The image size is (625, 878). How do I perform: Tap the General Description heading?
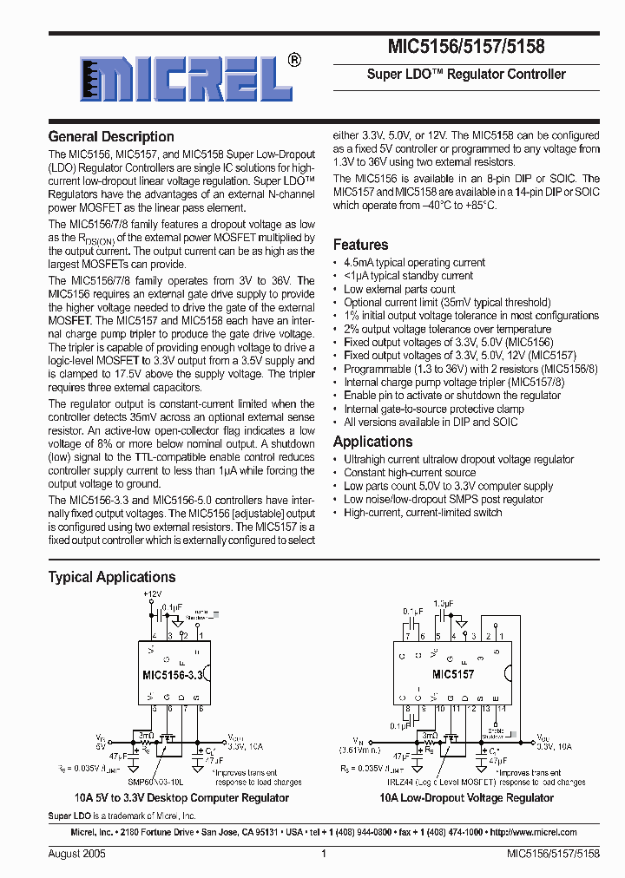coord(111,136)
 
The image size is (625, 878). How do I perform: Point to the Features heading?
coord(360,245)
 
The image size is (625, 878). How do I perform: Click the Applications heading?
coord(372,442)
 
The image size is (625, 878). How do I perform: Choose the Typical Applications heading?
coord(112,577)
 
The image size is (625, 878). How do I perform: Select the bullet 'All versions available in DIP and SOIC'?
coord(431,423)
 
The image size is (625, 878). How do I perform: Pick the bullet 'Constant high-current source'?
coord(410,473)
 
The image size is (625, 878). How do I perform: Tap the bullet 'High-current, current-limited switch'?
coord(423,513)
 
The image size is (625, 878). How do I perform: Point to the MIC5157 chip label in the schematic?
coord(453,674)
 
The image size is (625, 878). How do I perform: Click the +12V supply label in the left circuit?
coord(152,594)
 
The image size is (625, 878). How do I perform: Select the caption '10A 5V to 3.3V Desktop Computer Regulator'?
coord(181,798)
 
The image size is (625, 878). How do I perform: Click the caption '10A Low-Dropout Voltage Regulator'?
coord(466,798)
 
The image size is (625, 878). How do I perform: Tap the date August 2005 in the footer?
coord(76,854)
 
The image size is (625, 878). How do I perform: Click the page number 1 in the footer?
coord(323,854)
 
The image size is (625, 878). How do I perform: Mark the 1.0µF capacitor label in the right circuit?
coord(443,602)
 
